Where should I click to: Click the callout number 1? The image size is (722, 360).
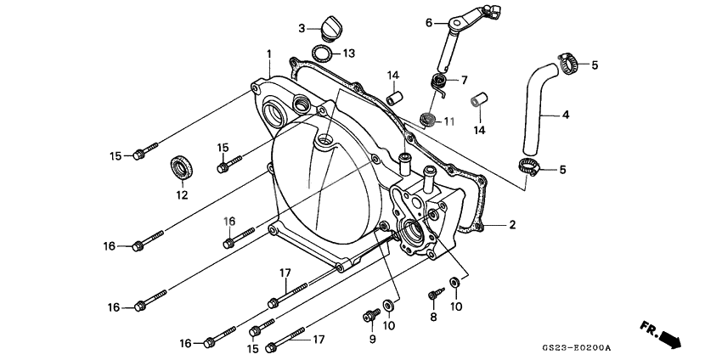(268, 53)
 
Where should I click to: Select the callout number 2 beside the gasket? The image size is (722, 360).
(512, 225)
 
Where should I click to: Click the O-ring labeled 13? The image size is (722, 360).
(323, 54)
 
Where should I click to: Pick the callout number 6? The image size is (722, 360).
(429, 22)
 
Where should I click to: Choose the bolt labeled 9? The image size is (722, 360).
(370, 317)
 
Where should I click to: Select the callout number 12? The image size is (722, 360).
(180, 195)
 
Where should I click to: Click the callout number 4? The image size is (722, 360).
(566, 115)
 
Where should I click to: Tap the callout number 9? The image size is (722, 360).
(370, 340)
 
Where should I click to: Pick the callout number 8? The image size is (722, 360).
(432, 318)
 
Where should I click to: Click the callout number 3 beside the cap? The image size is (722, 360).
(302, 28)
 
